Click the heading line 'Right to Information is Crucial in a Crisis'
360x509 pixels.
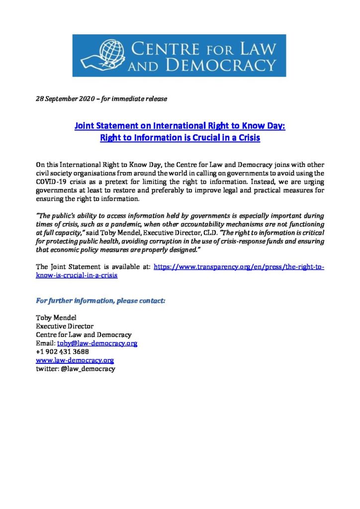180,138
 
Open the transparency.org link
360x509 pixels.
239,267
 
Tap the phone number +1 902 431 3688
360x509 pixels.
63,352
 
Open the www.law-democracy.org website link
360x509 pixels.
75,360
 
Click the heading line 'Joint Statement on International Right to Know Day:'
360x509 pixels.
180,126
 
